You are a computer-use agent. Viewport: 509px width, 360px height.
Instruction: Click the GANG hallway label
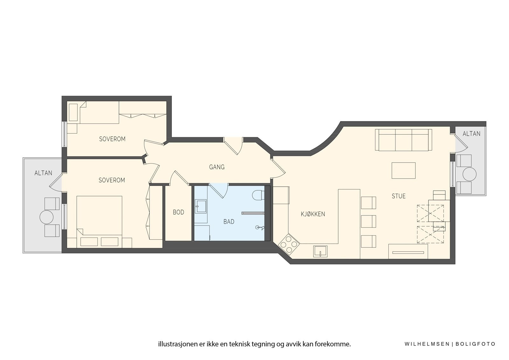pos(217,167)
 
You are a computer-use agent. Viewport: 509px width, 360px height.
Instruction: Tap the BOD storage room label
pos(178,212)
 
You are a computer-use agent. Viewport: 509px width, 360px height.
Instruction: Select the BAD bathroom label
pos(229,222)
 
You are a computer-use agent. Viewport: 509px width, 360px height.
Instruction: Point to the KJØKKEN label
pos(313,214)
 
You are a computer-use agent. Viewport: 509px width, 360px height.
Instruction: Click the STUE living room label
pos(399,196)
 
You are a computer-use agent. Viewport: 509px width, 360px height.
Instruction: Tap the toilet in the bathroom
pos(258,195)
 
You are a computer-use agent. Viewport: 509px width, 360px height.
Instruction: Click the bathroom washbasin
pos(201,206)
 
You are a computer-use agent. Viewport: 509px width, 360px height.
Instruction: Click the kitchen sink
pos(320,251)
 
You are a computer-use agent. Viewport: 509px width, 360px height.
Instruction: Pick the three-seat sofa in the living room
pos(403,140)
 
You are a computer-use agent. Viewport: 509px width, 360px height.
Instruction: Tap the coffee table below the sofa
pos(403,170)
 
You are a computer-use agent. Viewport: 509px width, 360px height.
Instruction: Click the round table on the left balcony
pos(46,217)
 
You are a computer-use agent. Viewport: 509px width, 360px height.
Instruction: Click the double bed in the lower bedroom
pos(99,222)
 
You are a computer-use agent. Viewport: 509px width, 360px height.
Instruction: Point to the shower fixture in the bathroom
pos(260,228)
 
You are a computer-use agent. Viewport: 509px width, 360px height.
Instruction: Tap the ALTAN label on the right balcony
pos(471,134)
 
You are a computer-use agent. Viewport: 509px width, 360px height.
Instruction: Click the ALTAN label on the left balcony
pos(43,173)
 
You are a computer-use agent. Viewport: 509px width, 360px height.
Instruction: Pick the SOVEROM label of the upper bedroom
pos(112,139)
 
